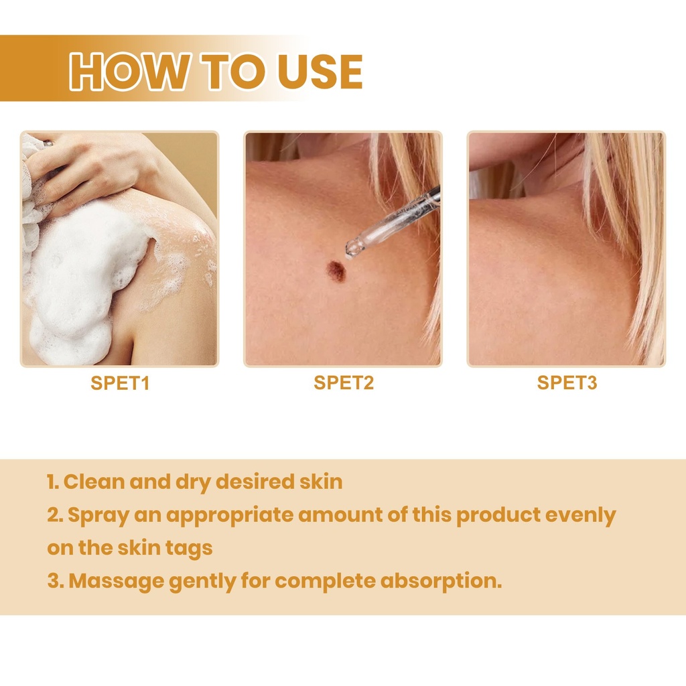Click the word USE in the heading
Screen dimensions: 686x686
pos(320,71)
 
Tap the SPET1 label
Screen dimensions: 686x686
pos(120,383)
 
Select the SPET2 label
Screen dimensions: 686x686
pos(344,383)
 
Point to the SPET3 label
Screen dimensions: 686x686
pos(567,383)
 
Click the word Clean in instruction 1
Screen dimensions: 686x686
pos(94,482)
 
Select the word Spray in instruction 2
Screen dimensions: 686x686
pos(98,516)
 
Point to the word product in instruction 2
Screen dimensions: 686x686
pos(498,515)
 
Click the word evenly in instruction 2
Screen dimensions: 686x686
pos(581,516)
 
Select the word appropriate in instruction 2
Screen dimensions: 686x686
pos(230,515)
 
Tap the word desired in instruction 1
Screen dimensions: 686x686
pos(255,482)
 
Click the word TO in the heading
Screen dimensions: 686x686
pos(233,71)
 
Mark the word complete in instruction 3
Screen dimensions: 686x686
pos(325,581)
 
